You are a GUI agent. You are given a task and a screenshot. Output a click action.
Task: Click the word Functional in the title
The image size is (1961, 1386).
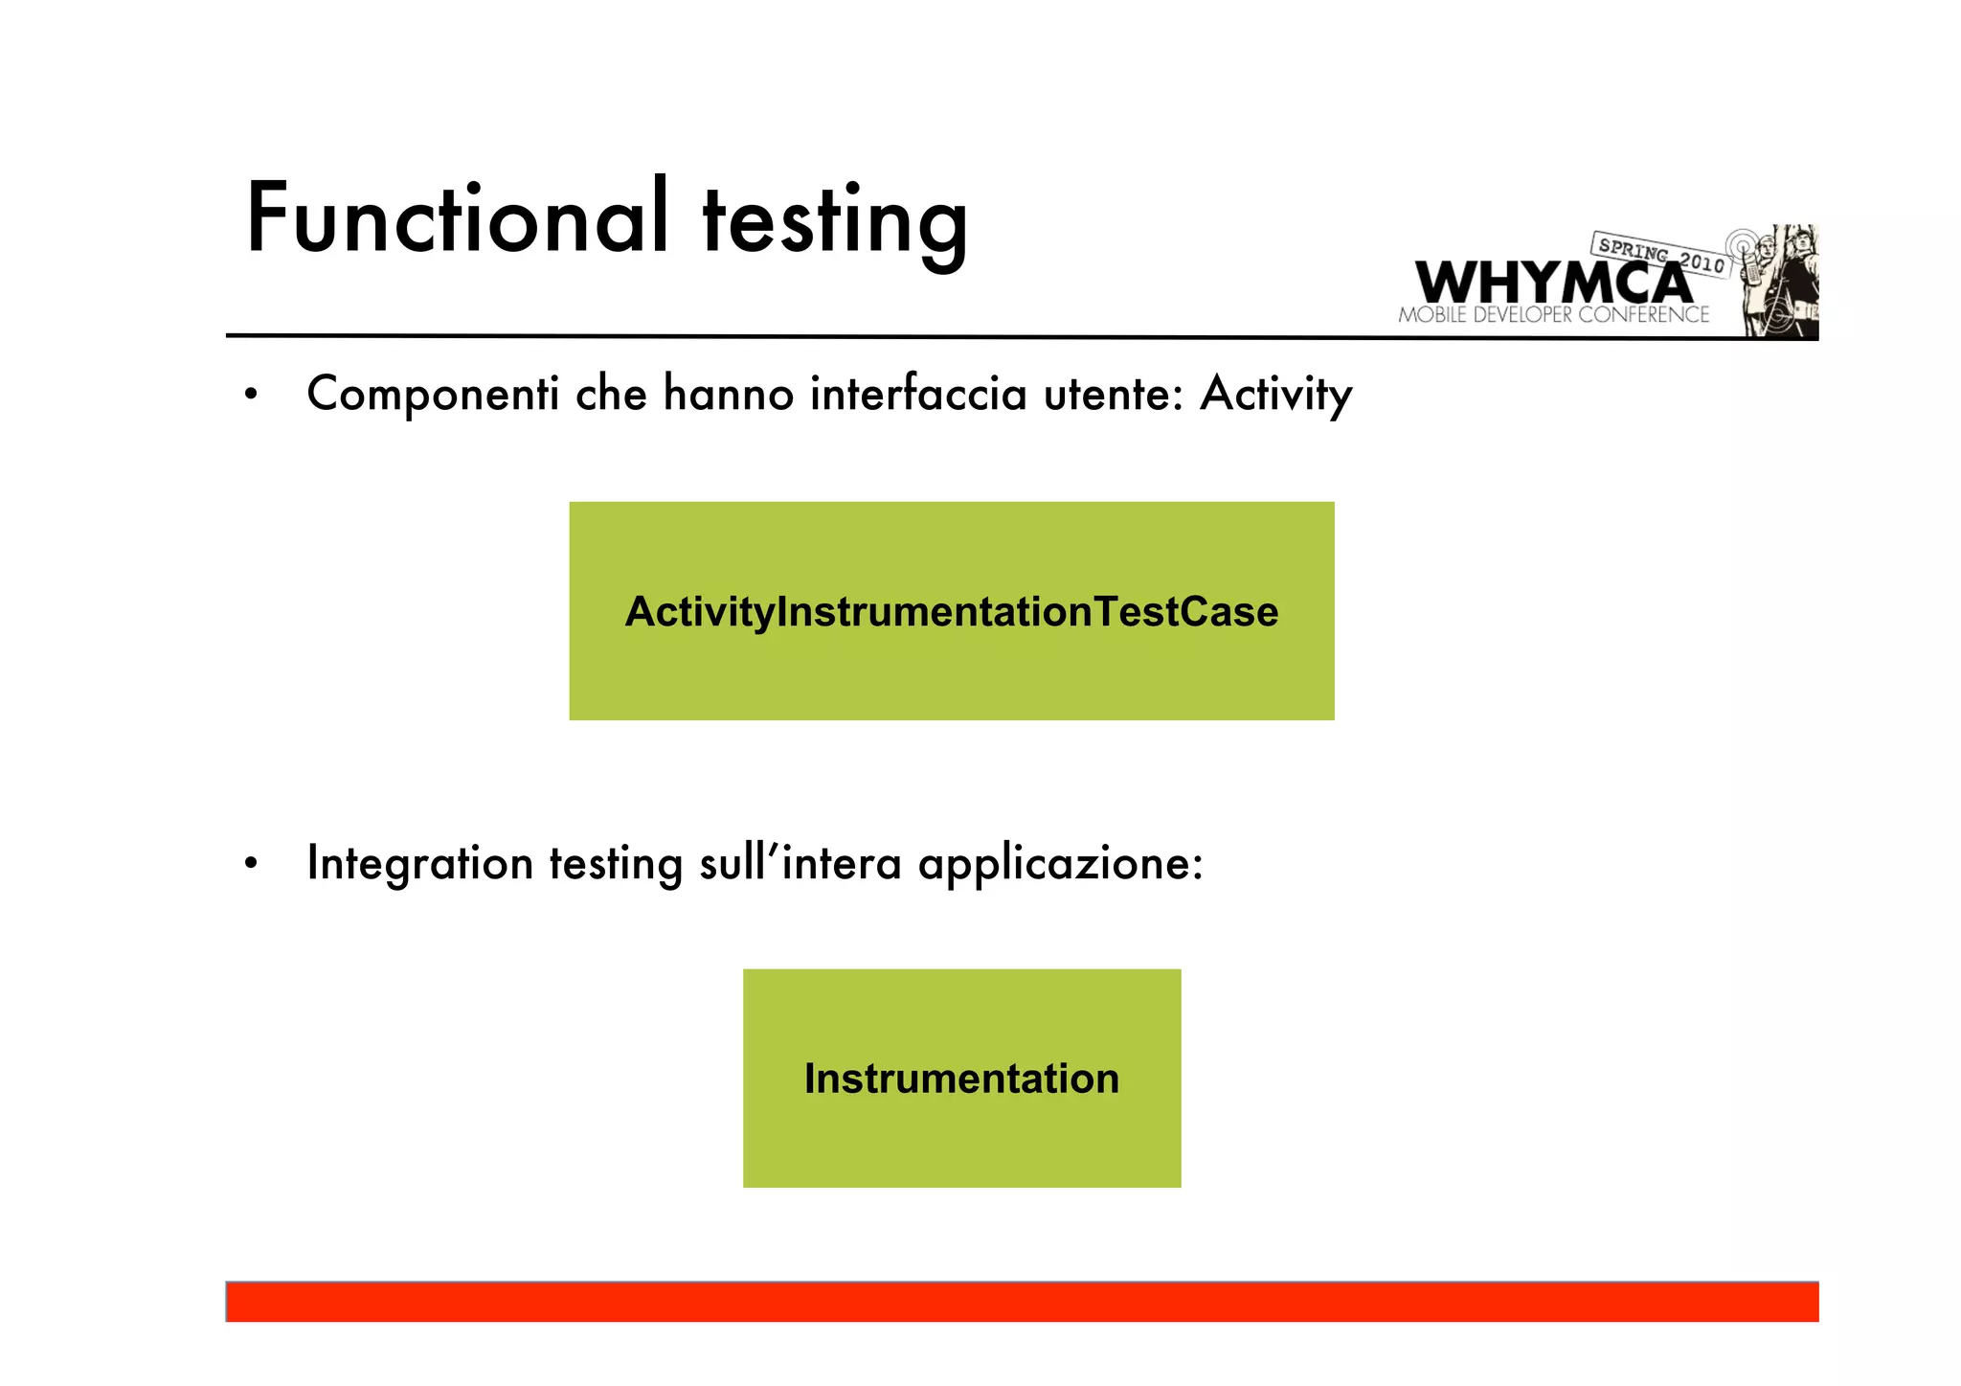click(x=456, y=218)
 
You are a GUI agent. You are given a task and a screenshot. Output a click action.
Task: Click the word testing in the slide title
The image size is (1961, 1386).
click(x=835, y=222)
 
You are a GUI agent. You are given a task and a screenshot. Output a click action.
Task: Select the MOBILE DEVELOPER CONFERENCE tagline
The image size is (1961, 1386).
click(x=1553, y=315)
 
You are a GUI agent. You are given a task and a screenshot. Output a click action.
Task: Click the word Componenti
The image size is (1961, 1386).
click(x=433, y=394)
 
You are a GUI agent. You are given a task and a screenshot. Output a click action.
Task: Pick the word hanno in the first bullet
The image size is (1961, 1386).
click(x=728, y=394)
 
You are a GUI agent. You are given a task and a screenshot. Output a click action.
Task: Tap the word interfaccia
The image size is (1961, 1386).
click(x=918, y=394)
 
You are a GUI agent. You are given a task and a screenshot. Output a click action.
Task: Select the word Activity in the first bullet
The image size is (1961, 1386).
click(x=1275, y=394)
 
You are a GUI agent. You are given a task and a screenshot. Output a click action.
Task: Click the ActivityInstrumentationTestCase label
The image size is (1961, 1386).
click(x=951, y=612)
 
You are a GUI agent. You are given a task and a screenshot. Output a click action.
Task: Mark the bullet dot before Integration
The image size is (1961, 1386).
click(x=251, y=863)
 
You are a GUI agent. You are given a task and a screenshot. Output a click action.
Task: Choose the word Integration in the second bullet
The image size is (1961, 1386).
click(x=419, y=863)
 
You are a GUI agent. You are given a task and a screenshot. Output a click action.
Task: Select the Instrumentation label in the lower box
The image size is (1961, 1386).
click(x=961, y=1079)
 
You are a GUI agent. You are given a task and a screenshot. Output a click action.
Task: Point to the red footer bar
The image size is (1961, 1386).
click(x=1022, y=1303)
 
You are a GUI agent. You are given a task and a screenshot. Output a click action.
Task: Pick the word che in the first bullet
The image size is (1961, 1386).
click(x=611, y=394)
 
